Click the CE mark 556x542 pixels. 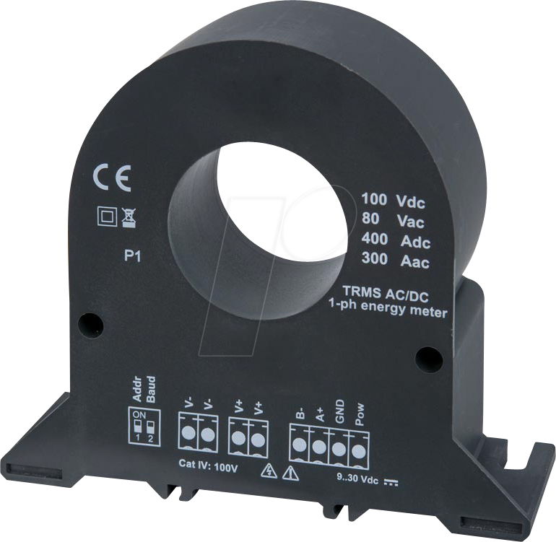pos(112,179)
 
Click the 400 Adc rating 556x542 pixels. pos(395,241)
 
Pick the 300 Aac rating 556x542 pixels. pos(396,262)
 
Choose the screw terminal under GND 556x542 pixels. pos(339,448)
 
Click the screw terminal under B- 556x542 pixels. pos(299,446)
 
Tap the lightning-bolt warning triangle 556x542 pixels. pos(269,473)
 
